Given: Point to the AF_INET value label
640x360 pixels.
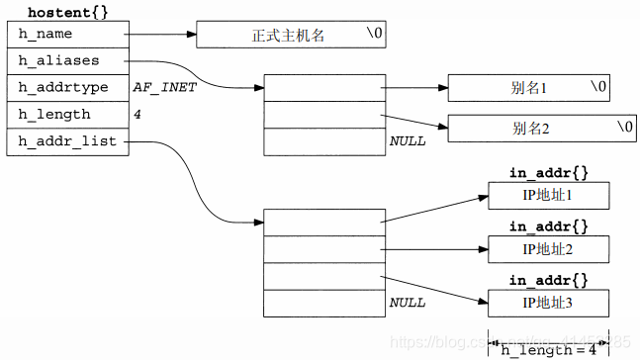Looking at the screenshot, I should point(164,88).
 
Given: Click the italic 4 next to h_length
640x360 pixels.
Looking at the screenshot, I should point(137,115).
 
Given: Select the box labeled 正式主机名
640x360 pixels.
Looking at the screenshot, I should point(295,36).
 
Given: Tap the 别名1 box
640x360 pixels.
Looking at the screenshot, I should point(528,88).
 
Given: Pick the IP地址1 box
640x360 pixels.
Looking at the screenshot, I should point(548,195).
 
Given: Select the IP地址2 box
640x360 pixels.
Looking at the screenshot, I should point(548,248).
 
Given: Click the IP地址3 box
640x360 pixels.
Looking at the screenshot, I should point(548,302).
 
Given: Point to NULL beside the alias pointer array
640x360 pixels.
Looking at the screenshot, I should point(407,141).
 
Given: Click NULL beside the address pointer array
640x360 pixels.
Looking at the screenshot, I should point(407,302).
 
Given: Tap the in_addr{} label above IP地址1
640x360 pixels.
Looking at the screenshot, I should point(548,173).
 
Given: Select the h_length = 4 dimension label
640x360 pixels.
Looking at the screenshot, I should point(548,348).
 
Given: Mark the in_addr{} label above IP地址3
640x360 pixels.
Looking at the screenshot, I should point(548,280).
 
